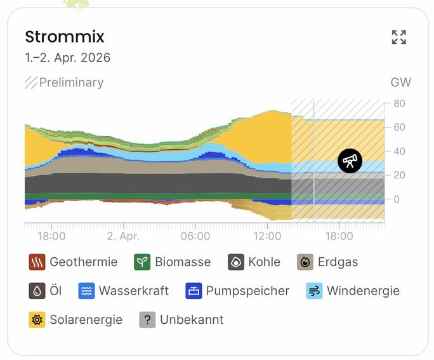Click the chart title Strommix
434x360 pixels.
coord(64,37)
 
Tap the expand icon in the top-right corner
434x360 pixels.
coord(398,37)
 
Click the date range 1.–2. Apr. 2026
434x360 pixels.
coord(67,58)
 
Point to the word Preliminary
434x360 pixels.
coord(71,83)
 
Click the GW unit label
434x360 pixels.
coord(400,83)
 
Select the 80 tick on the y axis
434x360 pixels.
coord(399,103)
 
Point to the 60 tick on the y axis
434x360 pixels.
coord(399,128)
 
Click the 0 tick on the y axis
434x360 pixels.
coord(397,199)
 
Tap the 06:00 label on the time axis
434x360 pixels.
coord(195,236)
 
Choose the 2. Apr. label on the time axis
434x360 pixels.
coord(123,236)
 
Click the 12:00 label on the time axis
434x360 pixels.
coord(267,236)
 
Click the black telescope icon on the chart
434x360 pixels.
coord(350,161)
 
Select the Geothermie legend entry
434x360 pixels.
coord(74,262)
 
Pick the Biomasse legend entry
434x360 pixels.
coord(173,262)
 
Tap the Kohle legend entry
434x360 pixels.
coord(254,262)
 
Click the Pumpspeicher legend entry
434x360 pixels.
coord(237,291)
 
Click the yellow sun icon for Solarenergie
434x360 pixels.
coord(37,319)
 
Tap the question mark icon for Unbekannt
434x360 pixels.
coord(147,319)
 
